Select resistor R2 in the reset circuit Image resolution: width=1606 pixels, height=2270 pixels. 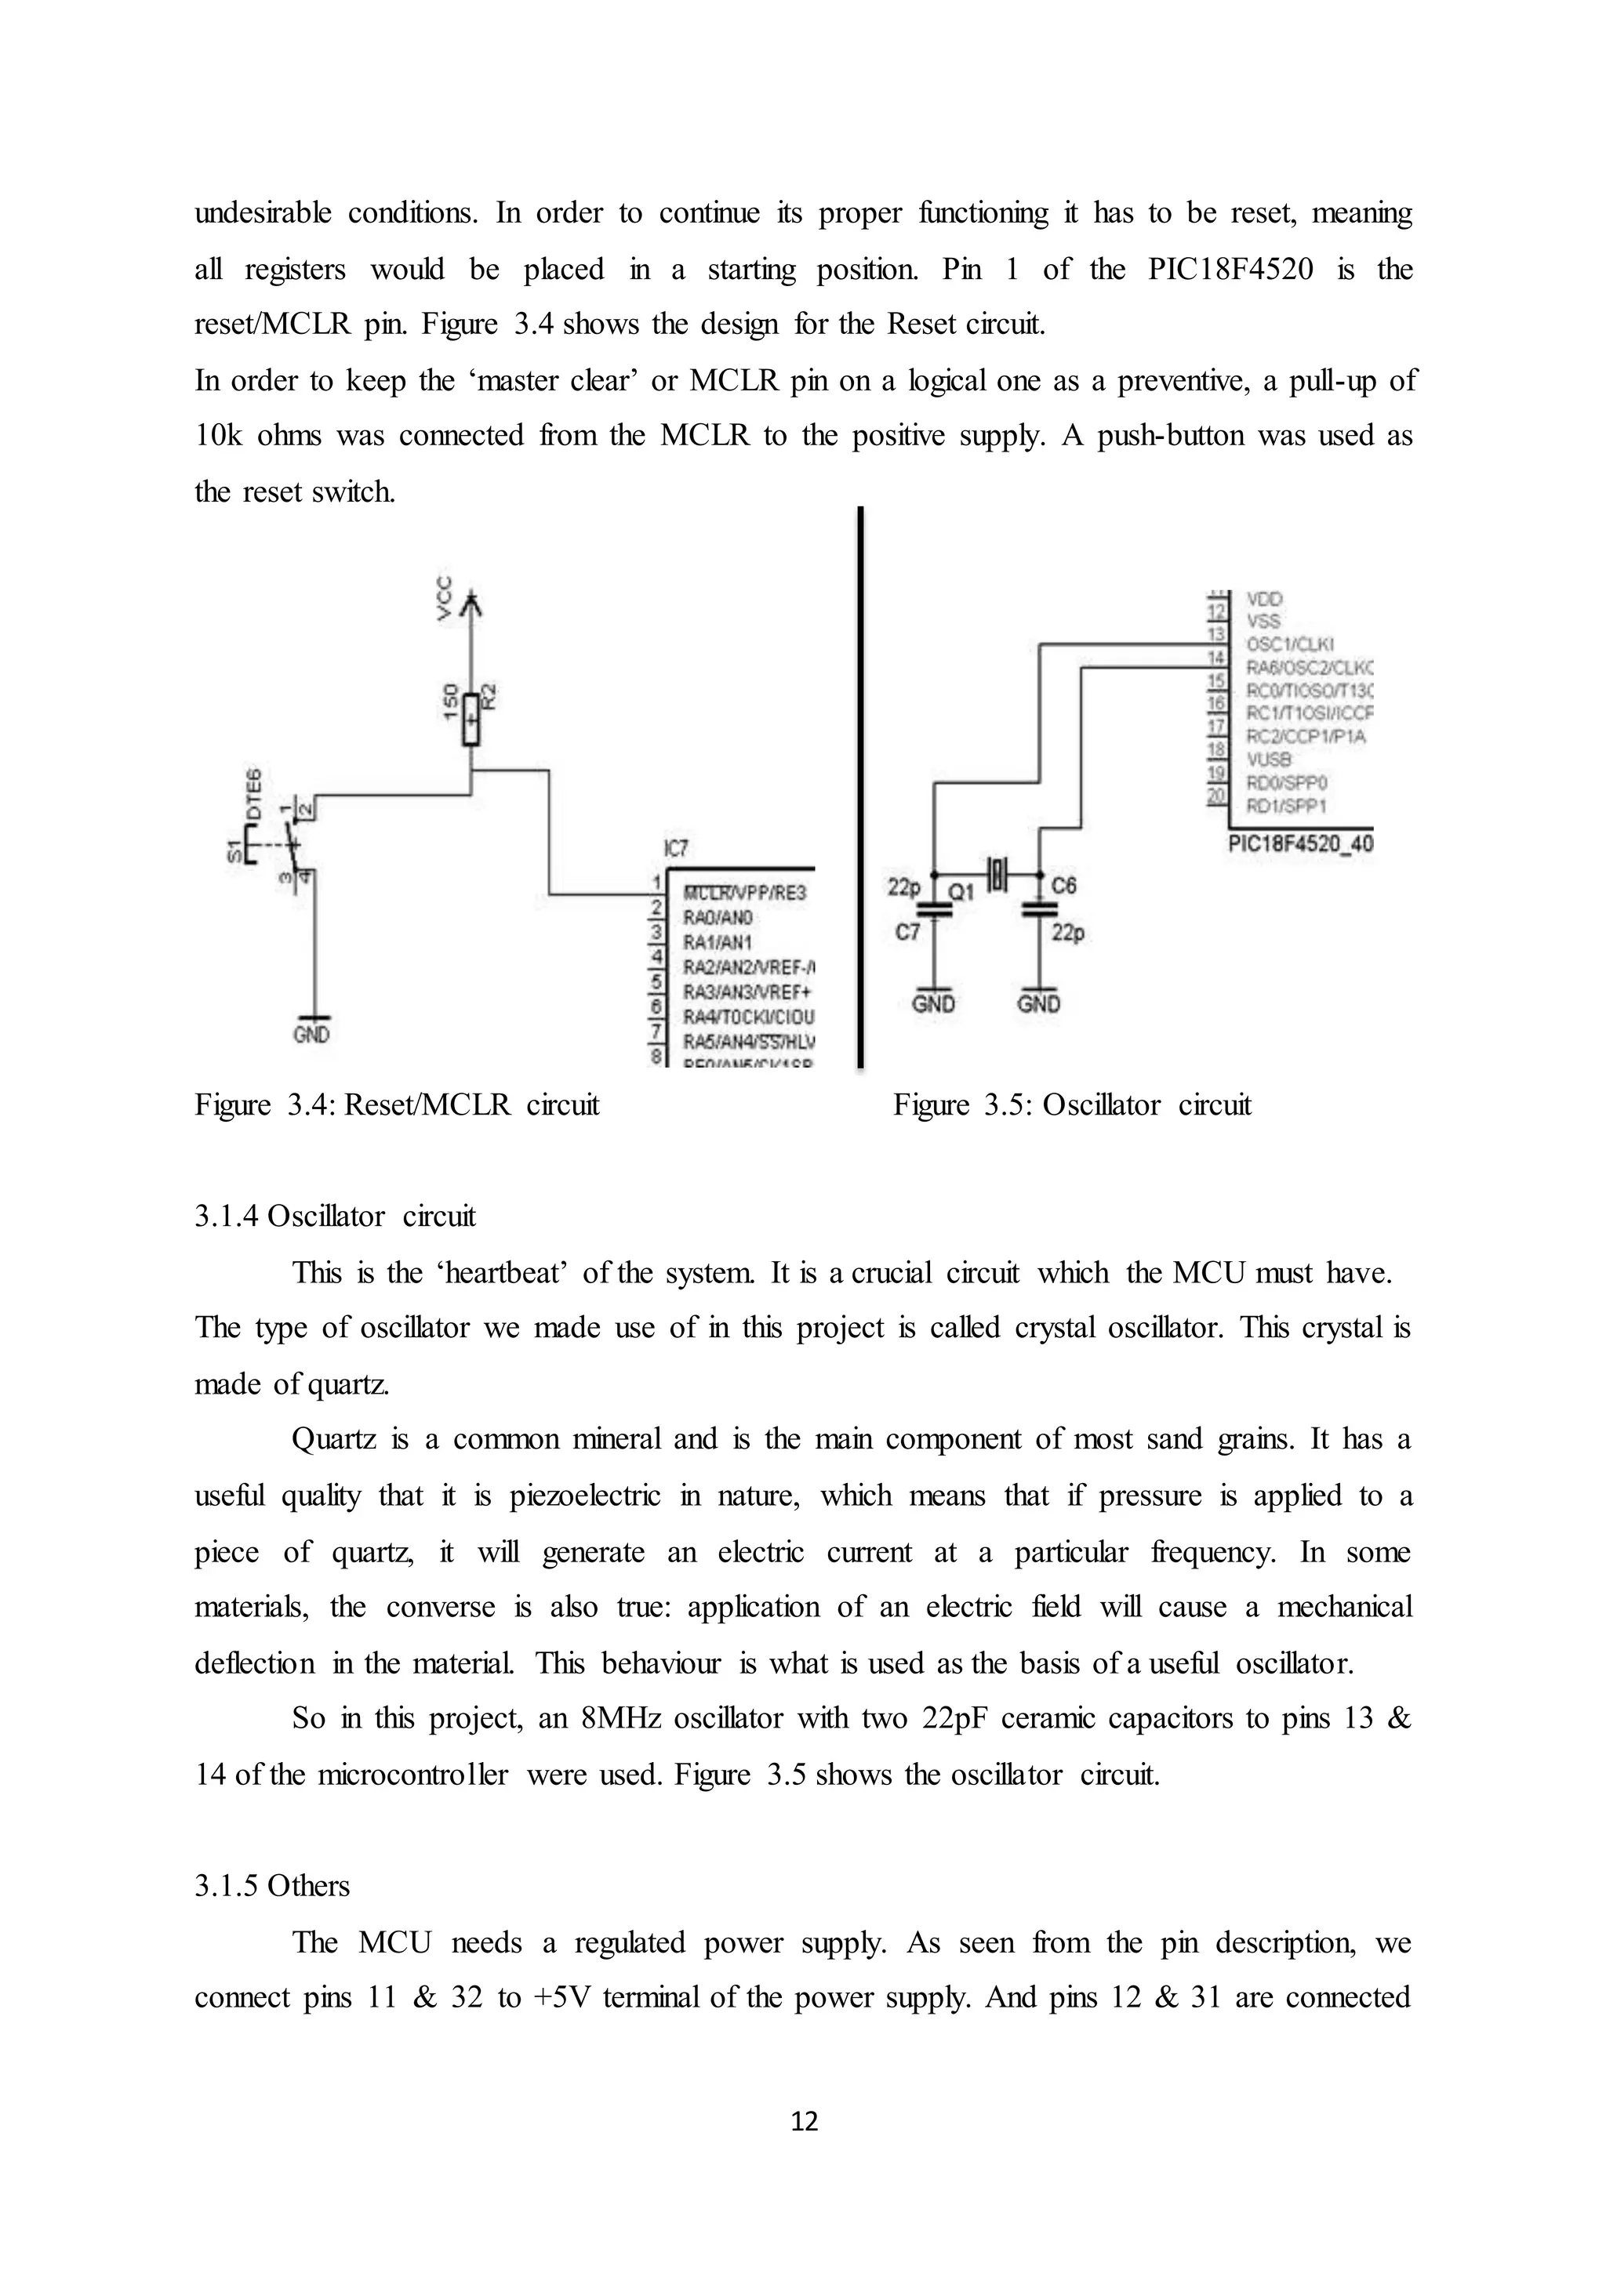[472, 719]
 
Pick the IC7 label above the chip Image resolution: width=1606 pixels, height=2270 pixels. [677, 848]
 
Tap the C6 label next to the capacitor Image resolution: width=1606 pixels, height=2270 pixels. [1064, 886]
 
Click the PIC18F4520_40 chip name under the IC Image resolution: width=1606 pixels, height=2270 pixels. [1300, 844]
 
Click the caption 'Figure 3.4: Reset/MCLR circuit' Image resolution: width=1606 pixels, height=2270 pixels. [397, 1104]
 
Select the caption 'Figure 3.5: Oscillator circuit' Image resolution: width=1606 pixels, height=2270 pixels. [1072, 1104]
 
